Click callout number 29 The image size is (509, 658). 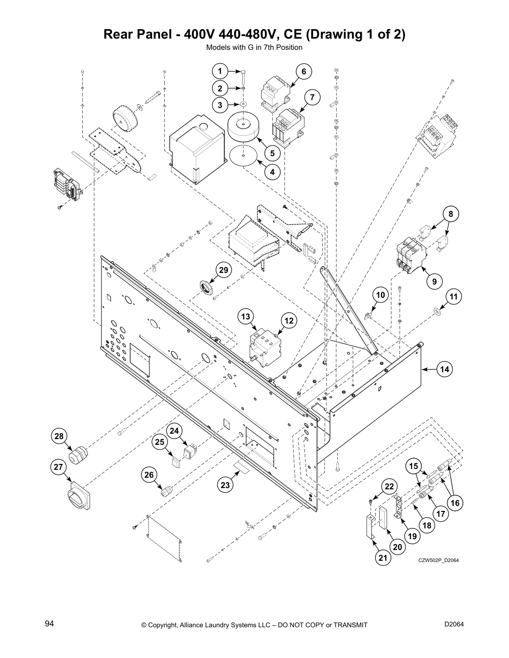pos(224,270)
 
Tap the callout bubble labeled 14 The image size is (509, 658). pos(445,369)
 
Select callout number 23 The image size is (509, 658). pos(225,485)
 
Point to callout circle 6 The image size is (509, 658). pos(304,72)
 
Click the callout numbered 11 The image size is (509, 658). pos(454,297)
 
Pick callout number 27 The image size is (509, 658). pos(58,467)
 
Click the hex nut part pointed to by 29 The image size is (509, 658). pos(205,287)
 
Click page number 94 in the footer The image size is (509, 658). pos(49,624)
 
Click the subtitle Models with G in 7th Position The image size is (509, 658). pos(254,47)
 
